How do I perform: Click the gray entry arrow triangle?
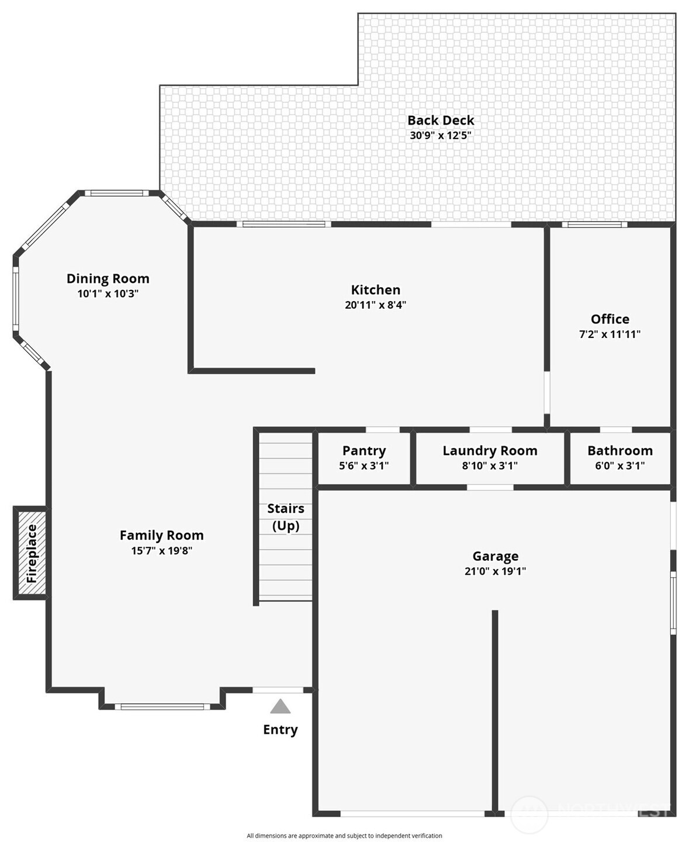pyautogui.click(x=280, y=706)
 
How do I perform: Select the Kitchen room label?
pyautogui.click(x=375, y=289)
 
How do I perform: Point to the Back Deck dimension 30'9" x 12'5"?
pyautogui.click(x=441, y=135)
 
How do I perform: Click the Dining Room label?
pyautogui.click(x=108, y=278)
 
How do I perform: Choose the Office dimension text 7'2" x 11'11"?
pyautogui.click(x=610, y=334)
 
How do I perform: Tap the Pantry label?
pyautogui.click(x=364, y=451)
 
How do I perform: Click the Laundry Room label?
pyautogui.click(x=490, y=451)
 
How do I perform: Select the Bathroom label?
pyautogui.click(x=620, y=450)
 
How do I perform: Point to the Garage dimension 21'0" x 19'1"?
pyautogui.click(x=495, y=571)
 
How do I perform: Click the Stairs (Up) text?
pyautogui.click(x=286, y=517)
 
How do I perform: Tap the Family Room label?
pyautogui.click(x=161, y=535)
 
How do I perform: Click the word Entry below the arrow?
pyautogui.click(x=280, y=729)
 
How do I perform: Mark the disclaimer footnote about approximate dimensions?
pyautogui.click(x=344, y=835)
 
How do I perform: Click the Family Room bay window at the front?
pyautogui.click(x=162, y=707)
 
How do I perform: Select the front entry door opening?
pyautogui.click(x=278, y=690)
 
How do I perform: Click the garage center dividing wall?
pyautogui.click(x=495, y=713)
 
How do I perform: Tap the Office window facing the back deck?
pyautogui.click(x=594, y=225)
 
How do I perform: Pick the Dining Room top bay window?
pyautogui.click(x=116, y=193)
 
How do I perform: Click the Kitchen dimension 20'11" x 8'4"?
pyautogui.click(x=375, y=305)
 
